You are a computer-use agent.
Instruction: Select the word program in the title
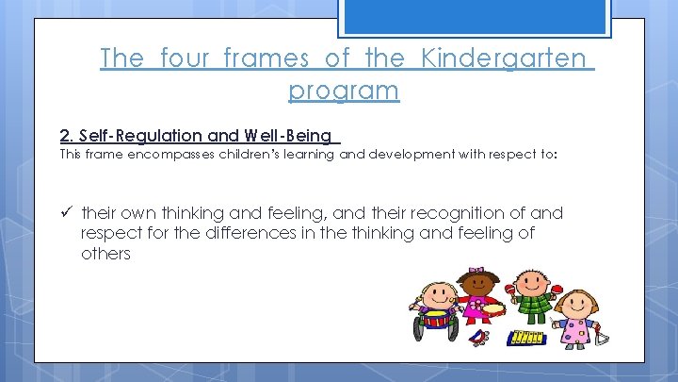(x=344, y=91)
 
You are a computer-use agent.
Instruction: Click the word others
(x=105, y=253)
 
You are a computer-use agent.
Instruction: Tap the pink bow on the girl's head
(x=476, y=272)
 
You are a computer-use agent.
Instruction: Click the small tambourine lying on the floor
(x=481, y=337)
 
